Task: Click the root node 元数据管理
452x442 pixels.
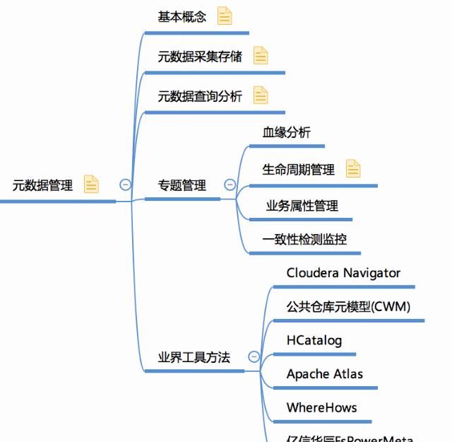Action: point(43,185)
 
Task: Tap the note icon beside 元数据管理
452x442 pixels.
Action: point(91,185)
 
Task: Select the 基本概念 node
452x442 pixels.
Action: point(182,17)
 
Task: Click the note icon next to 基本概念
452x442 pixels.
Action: point(225,16)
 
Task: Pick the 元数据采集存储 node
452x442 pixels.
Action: point(200,57)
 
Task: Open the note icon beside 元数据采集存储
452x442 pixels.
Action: point(261,56)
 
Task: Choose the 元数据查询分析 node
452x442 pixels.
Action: point(200,96)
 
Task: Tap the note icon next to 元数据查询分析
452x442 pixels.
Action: point(261,95)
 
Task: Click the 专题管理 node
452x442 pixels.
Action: point(182,185)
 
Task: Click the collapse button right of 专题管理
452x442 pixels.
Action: point(230,185)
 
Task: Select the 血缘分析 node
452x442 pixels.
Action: point(286,132)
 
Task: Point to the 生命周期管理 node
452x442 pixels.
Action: point(299,170)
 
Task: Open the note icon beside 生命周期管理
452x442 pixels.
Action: point(353,169)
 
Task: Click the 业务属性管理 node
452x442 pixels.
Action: point(302,206)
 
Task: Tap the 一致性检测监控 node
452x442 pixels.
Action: point(304,239)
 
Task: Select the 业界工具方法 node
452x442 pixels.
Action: point(194,357)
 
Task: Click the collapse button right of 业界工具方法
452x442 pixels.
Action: point(254,357)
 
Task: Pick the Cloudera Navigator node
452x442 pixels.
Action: point(343,273)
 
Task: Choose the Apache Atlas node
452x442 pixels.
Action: point(325,373)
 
